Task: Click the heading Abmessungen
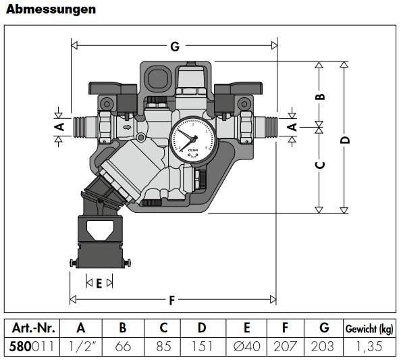(51, 9)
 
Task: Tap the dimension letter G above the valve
(174, 47)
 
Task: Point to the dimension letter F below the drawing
(173, 299)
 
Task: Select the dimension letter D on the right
(345, 140)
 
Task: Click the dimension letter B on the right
(321, 95)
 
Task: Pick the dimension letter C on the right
(321, 165)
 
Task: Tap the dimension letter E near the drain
(99, 284)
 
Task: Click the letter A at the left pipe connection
(59, 126)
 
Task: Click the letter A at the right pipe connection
(292, 126)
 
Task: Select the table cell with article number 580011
(32, 346)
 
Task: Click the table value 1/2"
(81, 346)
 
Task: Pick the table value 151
(202, 346)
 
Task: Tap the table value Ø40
(246, 346)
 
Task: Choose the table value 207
(286, 346)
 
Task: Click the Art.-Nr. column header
(32, 328)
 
